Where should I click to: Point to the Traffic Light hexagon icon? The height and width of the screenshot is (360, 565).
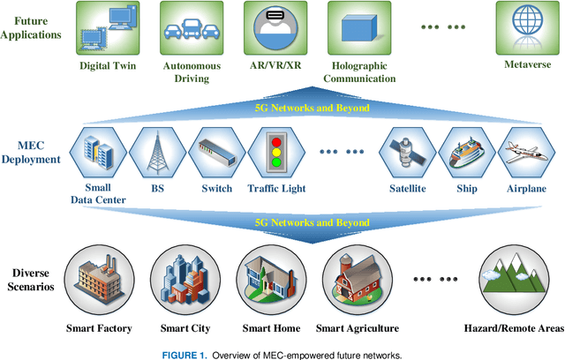[275, 152]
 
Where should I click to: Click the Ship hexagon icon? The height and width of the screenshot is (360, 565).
[466, 152]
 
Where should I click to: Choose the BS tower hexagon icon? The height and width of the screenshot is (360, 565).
[158, 152]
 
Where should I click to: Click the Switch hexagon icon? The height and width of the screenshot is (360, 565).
[216, 152]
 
